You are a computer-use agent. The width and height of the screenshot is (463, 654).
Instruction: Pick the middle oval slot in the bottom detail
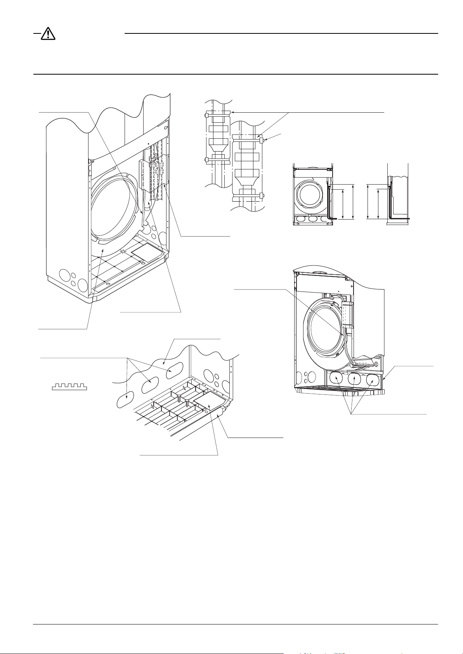click(149, 385)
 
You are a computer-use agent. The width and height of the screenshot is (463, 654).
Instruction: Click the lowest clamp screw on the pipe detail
click(262, 195)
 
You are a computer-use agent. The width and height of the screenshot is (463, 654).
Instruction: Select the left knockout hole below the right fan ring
click(336, 378)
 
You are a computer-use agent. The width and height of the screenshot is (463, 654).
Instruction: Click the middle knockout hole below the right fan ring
click(355, 378)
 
